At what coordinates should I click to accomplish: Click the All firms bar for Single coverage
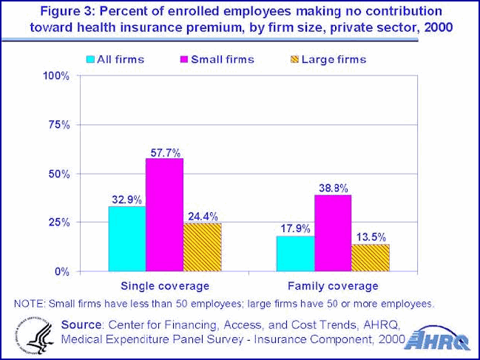click(x=126, y=239)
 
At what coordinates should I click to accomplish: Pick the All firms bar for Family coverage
click(x=295, y=254)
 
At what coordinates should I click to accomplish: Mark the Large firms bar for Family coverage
click(x=371, y=257)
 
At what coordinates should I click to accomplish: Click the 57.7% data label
click(x=164, y=150)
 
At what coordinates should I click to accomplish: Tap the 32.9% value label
click(x=126, y=199)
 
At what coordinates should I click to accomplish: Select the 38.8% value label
click(x=333, y=187)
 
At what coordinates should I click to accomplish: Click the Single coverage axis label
click(x=164, y=285)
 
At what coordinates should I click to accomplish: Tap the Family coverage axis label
click(x=333, y=285)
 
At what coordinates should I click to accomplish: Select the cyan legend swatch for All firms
click(x=90, y=58)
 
